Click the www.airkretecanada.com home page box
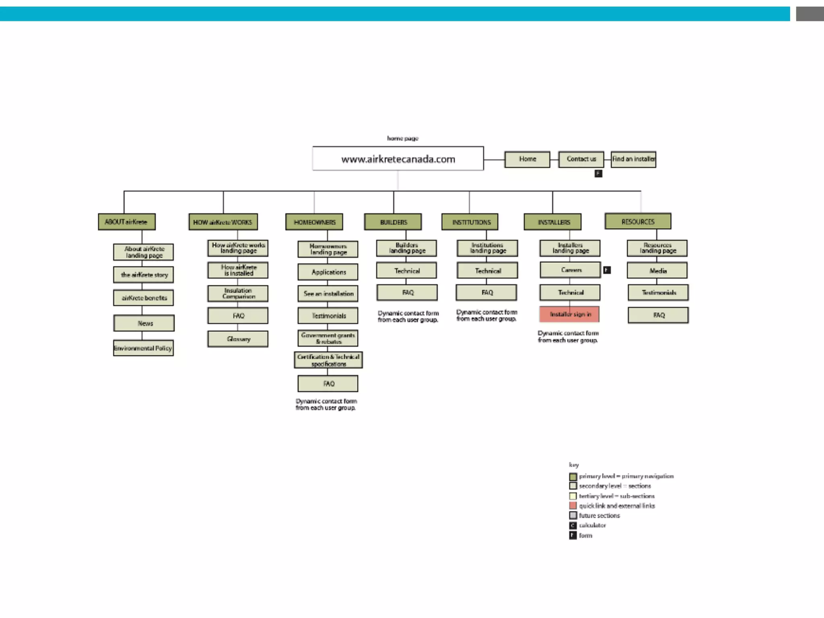pyautogui.click(x=398, y=159)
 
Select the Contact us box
pyautogui.click(x=581, y=159)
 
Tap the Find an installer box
pyautogui.click(x=633, y=159)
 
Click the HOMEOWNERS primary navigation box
pyautogui.click(x=314, y=222)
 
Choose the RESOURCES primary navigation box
pyautogui.click(x=638, y=221)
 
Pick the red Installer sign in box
pyautogui.click(x=569, y=314)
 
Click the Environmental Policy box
pyautogui.click(x=143, y=348)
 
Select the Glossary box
pyautogui.click(x=238, y=339)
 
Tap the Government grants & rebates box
pyautogui.click(x=328, y=338)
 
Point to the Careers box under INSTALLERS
pyautogui.click(x=570, y=270)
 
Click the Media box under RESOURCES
pyautogui.click(x=657, y=271)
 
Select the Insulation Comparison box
pyautogui.click(x=238, y=293)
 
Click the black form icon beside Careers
pyautogui.click(x=607, y=270)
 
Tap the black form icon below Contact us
pyautogui.click(x=598, y=173)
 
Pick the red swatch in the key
pyautogui.click(x=573, y=506)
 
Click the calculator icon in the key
pyautogui.click(x=573, y=525)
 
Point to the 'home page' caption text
pyautogui.click(x=403, y=138)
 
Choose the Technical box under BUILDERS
pyautogui.click(x=406, y=271)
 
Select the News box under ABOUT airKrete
pyautogui.click(x=144, y=323)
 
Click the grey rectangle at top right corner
pyautogui.click(x=810, y=14)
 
